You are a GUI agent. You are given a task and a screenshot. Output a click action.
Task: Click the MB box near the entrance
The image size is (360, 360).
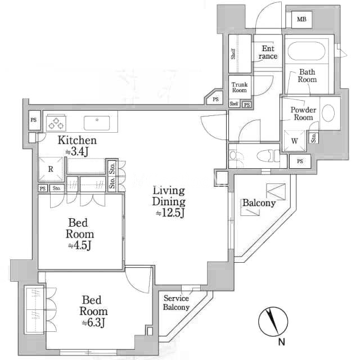coord(301,20)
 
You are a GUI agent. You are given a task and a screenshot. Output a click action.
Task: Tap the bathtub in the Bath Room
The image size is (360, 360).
coord(307,51)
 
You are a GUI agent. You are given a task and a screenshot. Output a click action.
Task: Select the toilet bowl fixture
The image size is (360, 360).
coord(268,156)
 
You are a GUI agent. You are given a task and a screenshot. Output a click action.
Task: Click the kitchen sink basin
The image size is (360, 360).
coord(97,123)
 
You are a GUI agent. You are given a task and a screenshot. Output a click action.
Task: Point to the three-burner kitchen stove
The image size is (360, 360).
coord(56,123)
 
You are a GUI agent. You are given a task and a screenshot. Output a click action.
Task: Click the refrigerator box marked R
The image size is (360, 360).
coord(51,169)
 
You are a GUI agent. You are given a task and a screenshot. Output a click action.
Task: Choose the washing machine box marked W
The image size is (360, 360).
coord(295,141)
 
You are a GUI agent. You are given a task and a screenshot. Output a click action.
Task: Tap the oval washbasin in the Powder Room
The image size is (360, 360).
coord(328,113)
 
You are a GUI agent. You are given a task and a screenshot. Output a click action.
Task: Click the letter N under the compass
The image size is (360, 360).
coord(281,342)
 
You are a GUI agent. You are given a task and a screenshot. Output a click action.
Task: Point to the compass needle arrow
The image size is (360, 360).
coord(272,322)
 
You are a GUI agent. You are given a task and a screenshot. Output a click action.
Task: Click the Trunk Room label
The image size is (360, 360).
coord(239,88)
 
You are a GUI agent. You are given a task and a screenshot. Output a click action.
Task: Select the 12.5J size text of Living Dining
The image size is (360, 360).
coord(170,213)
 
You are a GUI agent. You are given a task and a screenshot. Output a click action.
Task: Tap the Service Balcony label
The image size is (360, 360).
coord(176,303)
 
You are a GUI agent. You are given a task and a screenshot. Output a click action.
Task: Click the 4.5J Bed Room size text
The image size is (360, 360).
coord(80,245)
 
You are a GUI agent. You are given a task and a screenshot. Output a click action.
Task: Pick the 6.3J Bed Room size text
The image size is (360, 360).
coord(93,322)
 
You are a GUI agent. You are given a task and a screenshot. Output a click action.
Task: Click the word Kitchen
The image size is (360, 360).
coord(77,140)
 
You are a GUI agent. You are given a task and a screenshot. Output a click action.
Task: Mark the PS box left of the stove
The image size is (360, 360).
coord(34,120)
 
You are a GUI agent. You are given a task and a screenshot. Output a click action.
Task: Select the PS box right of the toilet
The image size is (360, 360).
coord(300,161)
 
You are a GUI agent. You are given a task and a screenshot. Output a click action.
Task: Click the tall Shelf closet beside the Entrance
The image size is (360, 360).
coord(240,54)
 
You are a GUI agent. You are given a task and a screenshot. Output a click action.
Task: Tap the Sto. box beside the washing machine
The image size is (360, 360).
coord(314,138)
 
